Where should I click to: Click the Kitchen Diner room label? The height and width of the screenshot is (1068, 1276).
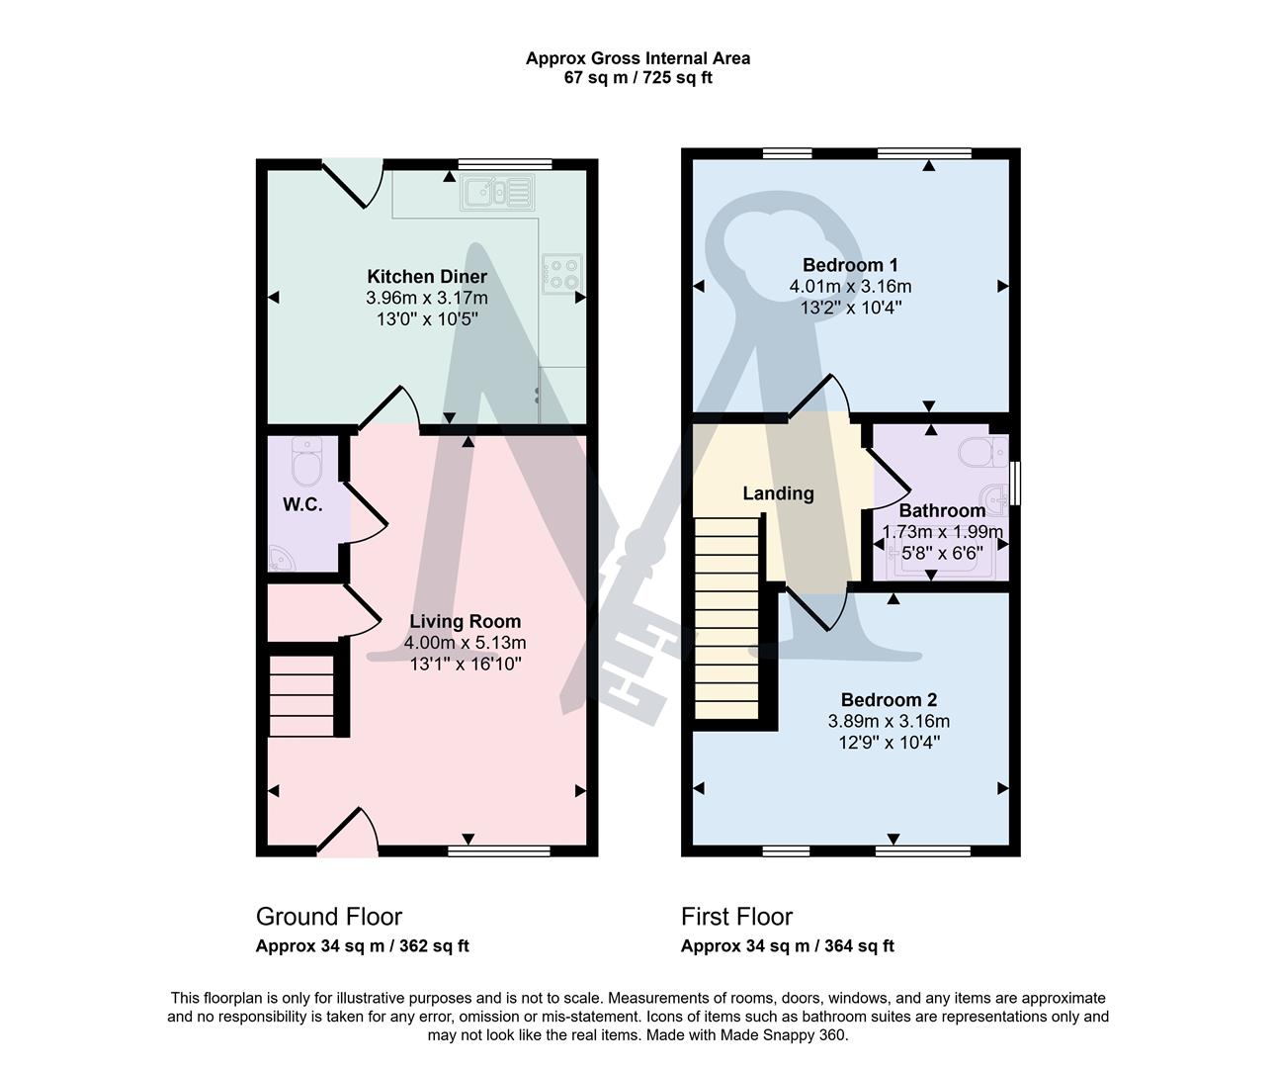[x=427, y=276]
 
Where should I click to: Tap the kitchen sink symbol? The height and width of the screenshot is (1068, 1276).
[x=496, y=192]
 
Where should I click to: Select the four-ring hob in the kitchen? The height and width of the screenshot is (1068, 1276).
[x=562, y=273]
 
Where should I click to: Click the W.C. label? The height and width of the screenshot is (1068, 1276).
[x=302, y=504]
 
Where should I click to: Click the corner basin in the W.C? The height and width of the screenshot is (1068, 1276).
[x=282, y=559]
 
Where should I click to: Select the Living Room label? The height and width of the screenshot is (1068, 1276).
[x=465, y=621]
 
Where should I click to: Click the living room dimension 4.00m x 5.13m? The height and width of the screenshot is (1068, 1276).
[x=465, y=643]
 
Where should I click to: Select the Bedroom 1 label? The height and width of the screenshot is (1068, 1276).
[x=850, y=265]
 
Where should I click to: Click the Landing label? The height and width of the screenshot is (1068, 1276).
[x=778, y=492]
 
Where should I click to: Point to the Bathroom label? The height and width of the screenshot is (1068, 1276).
[x=941, y=510]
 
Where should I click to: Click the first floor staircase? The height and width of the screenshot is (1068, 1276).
[x=726, y=618]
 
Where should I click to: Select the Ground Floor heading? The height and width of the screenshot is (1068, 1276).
[x=328, y=917]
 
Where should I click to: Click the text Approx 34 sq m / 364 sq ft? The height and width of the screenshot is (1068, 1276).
[x=787, y=946]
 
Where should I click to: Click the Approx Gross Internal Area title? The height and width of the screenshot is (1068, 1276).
[x=638, y=58]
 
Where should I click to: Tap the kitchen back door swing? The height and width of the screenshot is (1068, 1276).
[x=351, y=183]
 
